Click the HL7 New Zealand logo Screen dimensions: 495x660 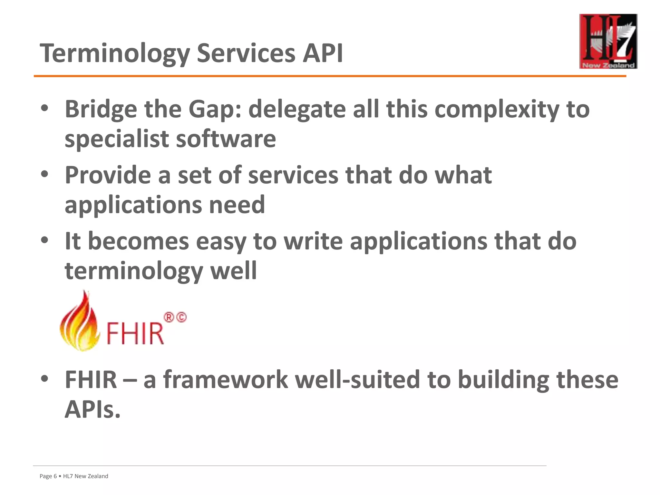point(608,41)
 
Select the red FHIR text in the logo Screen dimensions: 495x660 point(135,333)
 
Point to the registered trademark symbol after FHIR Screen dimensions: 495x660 point(169,317)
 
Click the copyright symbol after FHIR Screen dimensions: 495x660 point(181,317)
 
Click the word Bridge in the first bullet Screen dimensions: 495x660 point(101,110)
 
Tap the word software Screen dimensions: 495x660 point(226,139)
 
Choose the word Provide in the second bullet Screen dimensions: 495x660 point(108,175)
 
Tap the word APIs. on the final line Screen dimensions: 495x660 point(92,410)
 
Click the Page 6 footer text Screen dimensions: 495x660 point(48,476)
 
